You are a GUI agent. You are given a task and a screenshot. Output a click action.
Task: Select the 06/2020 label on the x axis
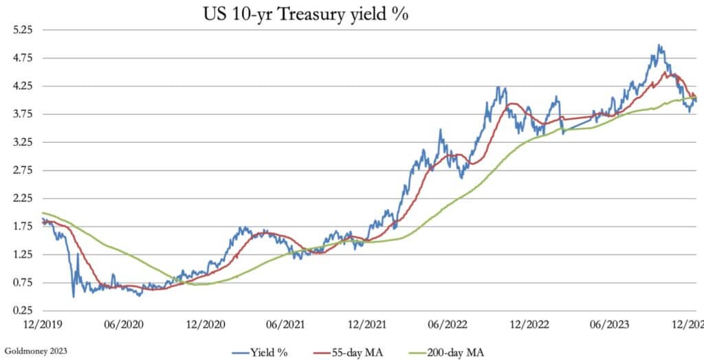coord(123,322)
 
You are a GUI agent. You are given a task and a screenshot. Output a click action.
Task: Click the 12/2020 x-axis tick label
coord(205,322)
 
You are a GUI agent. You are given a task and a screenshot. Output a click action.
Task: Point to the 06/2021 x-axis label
coord(286,322)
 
